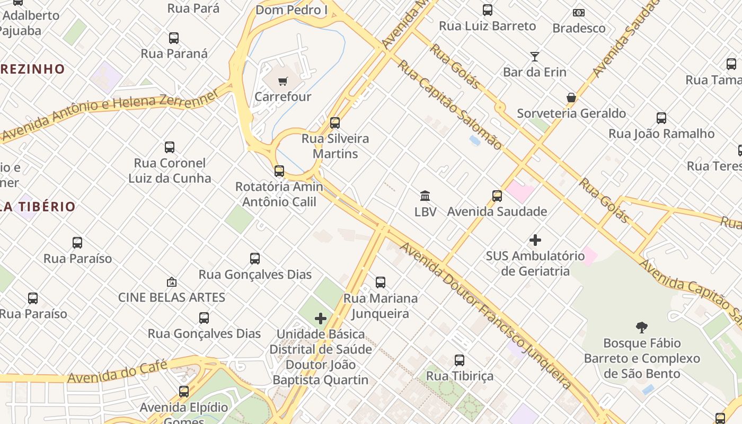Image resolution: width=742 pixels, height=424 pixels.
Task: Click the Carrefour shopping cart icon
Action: pos(283,82)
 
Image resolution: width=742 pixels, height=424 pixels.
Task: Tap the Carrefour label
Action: pos(283,97)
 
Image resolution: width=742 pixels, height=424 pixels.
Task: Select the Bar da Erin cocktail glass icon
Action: pos(535,56)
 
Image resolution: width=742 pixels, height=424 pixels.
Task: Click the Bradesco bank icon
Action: pos(579,13)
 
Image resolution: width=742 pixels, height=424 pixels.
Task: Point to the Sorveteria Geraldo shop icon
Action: pos(571,98)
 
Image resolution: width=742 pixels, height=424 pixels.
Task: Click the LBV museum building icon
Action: pos(425,196)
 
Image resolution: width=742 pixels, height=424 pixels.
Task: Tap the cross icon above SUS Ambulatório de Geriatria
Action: pos(535,240)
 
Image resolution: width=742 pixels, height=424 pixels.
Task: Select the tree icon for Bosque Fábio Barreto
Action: pos(642,327)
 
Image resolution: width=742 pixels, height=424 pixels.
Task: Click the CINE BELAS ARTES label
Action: pos(172,297)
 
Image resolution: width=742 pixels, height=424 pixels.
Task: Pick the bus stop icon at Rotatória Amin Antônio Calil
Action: pos(279,171)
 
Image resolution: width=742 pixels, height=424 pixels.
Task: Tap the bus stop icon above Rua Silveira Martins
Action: pos(335,123)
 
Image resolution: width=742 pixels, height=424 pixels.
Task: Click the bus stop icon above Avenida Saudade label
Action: pos(497,196)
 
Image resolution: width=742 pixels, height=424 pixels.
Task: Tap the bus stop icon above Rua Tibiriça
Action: pos(460,360)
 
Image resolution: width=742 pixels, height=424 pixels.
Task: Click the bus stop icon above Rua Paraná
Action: pos(174,38)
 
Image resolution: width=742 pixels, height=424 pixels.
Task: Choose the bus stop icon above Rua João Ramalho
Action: pos(661,118)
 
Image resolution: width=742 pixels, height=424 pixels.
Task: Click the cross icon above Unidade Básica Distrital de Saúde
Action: pos(321,319)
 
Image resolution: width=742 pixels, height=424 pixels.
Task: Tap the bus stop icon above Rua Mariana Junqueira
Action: pos(381,282)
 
